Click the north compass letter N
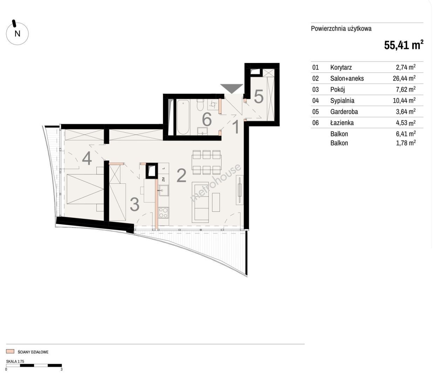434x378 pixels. click(18, 34)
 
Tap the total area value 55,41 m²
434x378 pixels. click(404, 45)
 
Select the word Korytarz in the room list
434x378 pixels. click(341, 67)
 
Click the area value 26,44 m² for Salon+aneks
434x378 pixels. click(404, 78)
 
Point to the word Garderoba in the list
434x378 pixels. click(344, 112)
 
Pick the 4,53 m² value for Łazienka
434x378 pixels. click(406, 123)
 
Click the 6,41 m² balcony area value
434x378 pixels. click(406, 134)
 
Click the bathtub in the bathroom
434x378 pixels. click(183, 117)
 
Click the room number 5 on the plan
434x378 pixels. click(259, 96)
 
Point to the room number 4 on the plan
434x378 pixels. click(87, 159)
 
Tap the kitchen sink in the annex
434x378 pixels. click(163, 190)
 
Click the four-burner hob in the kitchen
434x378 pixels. click(163, 212)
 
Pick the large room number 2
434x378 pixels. click(182, 175)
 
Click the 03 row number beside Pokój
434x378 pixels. click(316, 90)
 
